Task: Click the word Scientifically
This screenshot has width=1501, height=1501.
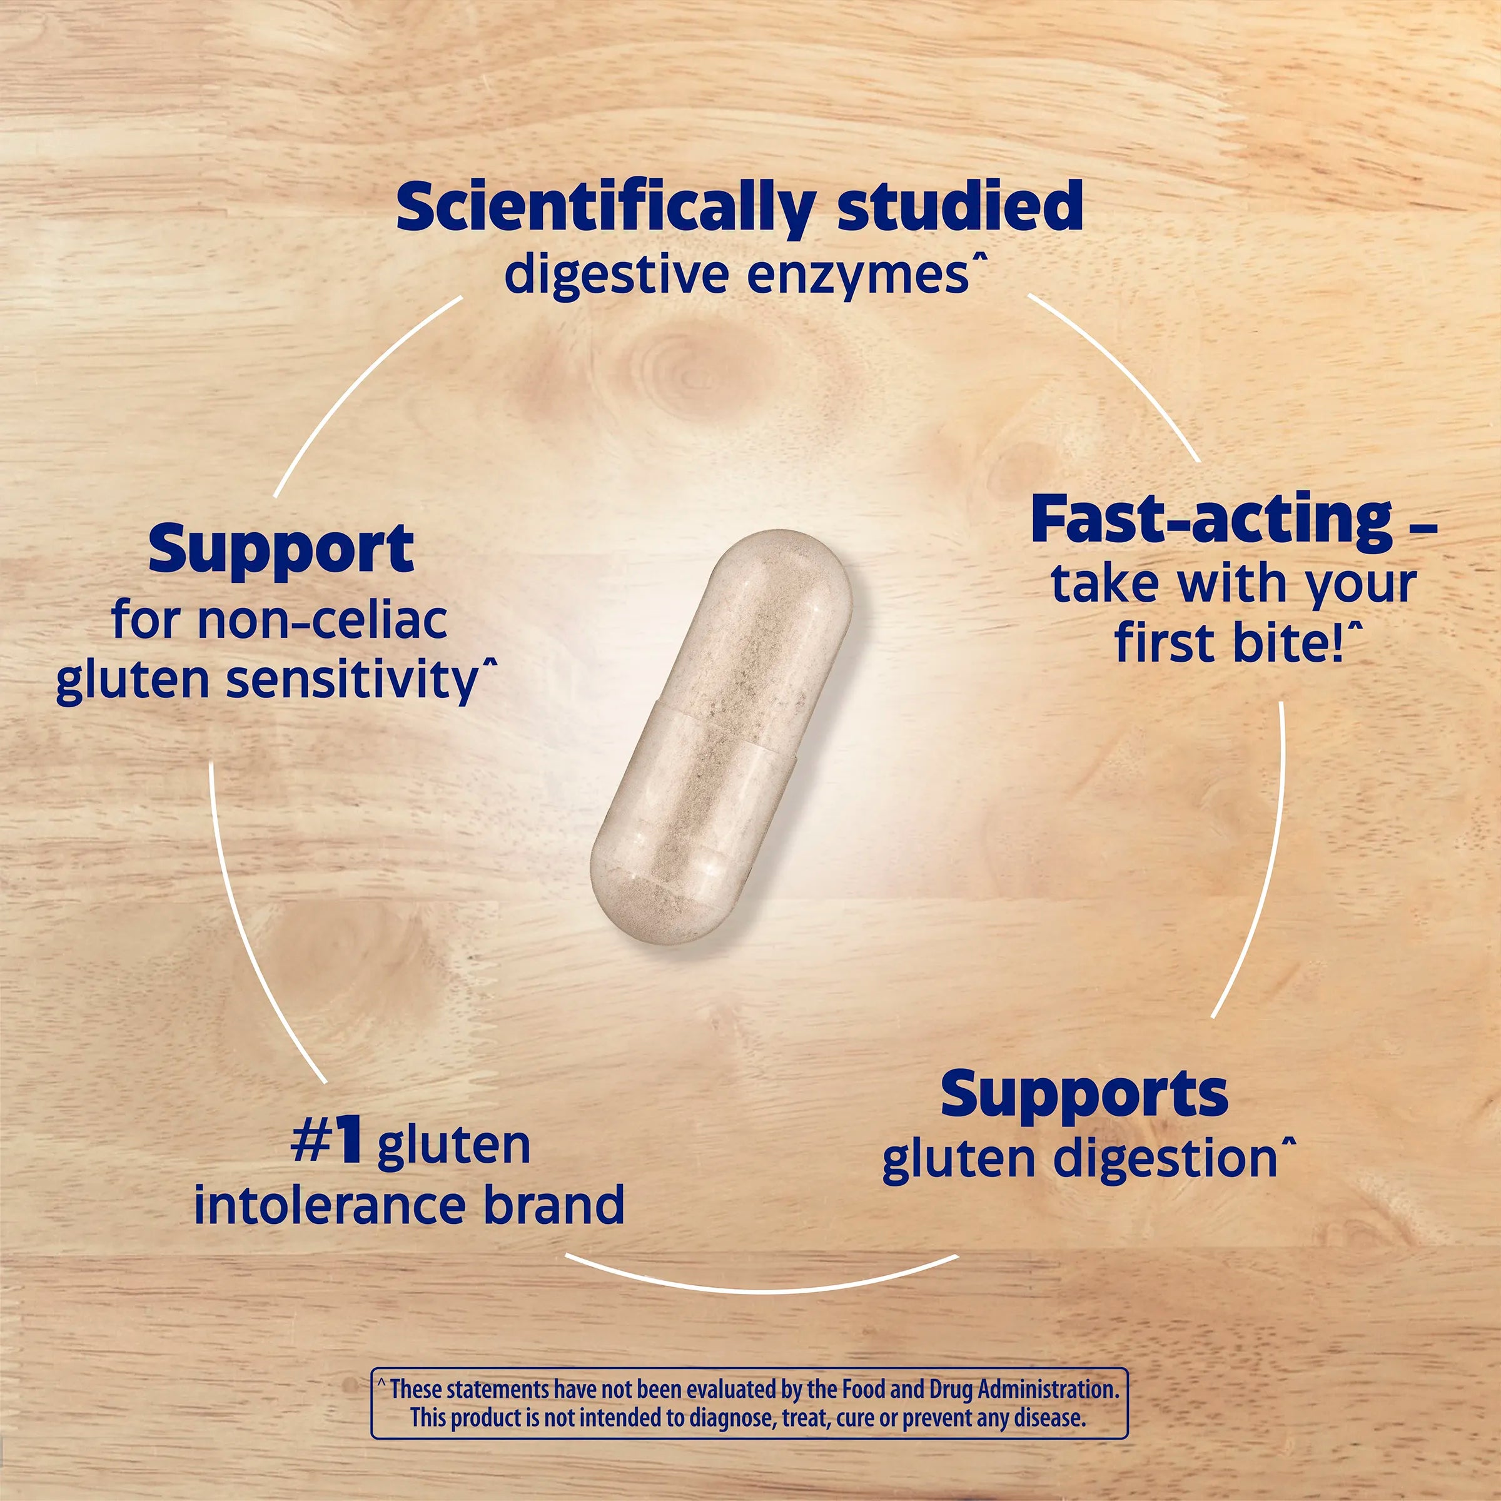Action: click(x=604, y=208)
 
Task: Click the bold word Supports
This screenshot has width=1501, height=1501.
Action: click(x=1084, y=1094)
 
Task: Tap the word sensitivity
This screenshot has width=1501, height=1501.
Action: click(x=352, y=680)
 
